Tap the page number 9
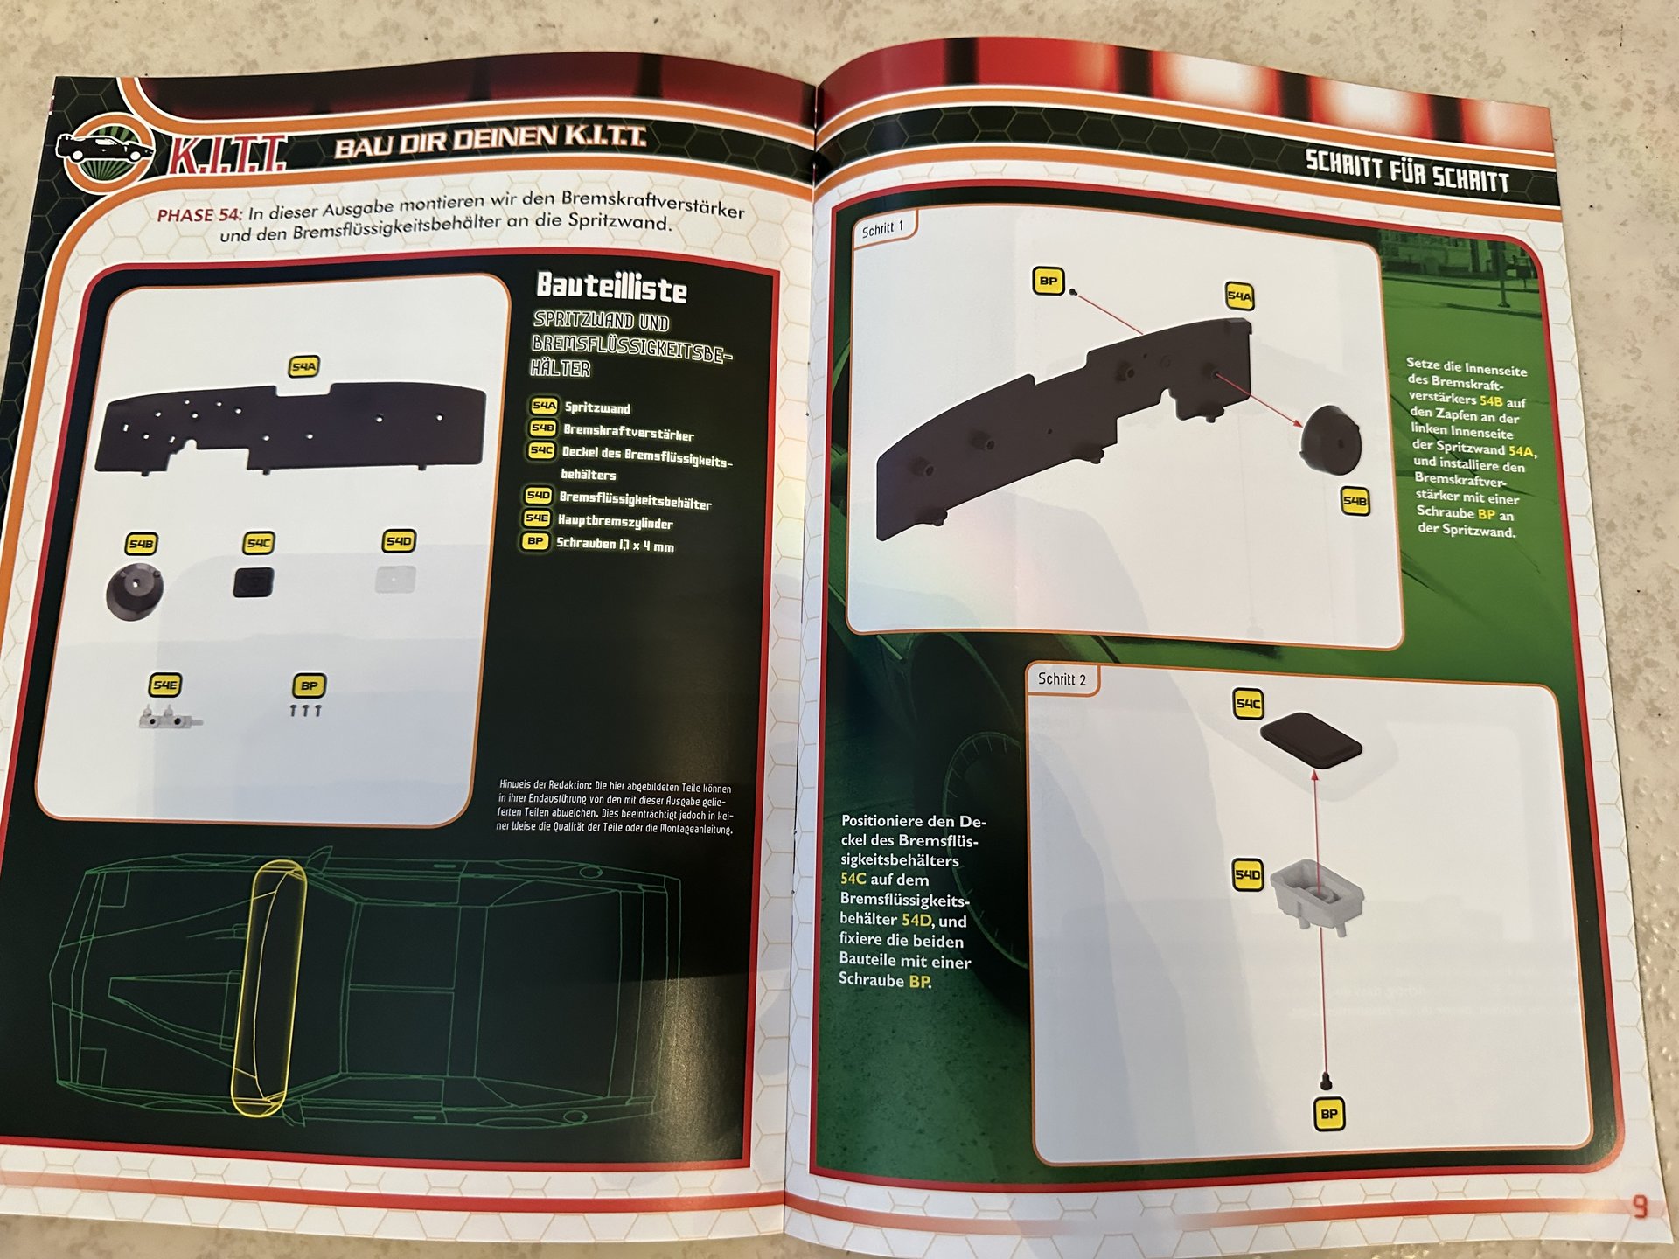[1640, 1207]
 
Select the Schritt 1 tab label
[882, 229]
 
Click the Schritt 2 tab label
[1062, 678]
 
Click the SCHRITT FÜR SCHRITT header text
[1407, 171]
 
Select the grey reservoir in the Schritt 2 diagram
[1316, 896]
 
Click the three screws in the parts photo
[305, 711]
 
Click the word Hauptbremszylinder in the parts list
[615, 522]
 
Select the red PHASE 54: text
[200, 215]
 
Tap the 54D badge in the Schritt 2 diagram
[1248, 874]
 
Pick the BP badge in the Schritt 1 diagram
[1048, 281]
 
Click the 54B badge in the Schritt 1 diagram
[1355, 501]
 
